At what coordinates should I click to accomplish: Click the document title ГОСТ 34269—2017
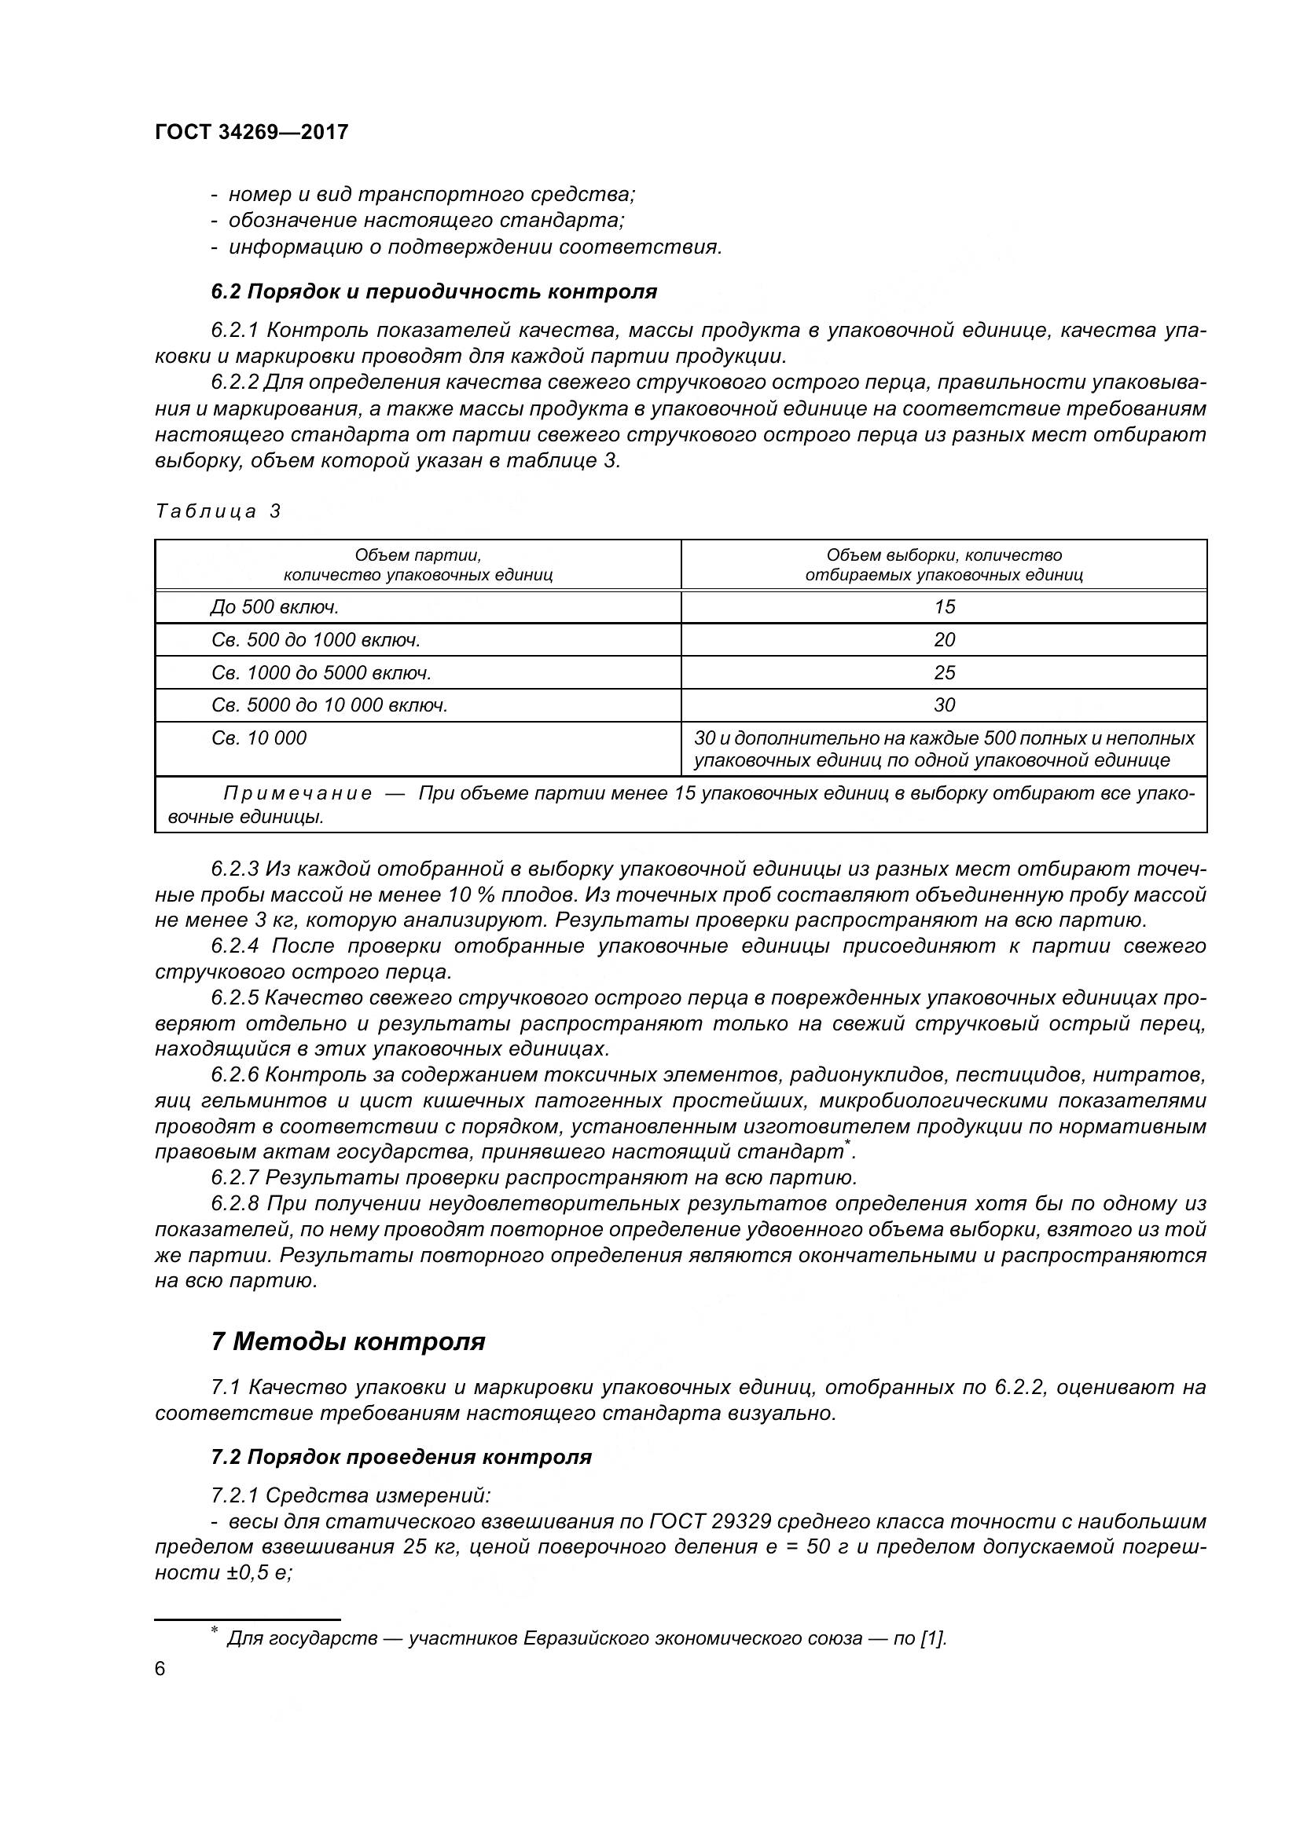click(x=252, y=132)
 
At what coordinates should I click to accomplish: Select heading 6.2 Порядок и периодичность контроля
click(x=434, y=291)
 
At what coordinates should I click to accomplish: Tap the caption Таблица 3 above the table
click(x=218, y=511)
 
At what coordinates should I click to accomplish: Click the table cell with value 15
click(x=944, y=607)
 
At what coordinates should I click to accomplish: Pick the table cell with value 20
click(x=944, y=640)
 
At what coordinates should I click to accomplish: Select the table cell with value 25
click(x=944, y=673)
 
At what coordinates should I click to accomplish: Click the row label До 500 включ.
click(x=274, y=607)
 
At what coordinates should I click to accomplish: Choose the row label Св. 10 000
click(x=259, y=738)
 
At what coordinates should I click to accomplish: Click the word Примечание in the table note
click(x=297, y=794)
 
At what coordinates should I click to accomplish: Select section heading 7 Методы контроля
click(x=347, y=1341)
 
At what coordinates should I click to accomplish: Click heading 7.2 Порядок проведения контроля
click(x=401, y=1457)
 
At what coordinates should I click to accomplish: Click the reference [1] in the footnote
click(x=933, y=1639)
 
